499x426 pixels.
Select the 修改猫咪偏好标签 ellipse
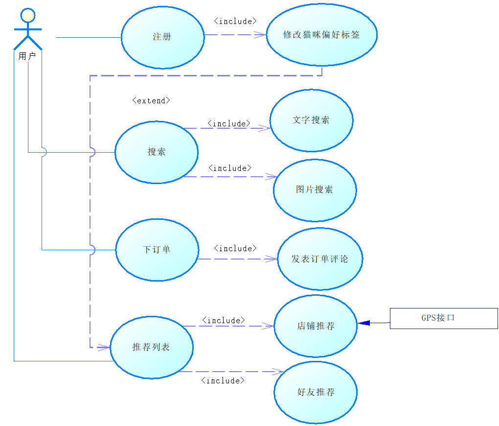click(x=321, y=35)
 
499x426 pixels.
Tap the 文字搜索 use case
click(x=311, y=120)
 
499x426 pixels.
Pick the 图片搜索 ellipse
click(x=315, y=190)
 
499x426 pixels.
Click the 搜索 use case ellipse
click(x=157, y=152)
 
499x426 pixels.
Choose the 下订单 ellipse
click(x=157, y=250)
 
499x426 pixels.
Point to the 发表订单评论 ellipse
click(x=320, y=259)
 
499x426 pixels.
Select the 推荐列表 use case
click(x=152, y=347)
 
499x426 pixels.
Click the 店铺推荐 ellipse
click(x=316, y=326)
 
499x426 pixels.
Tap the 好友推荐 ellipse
click(x=316, y=392)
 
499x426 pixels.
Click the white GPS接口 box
click(x=444, y=318)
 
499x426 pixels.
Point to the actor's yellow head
click(x=28, y=15)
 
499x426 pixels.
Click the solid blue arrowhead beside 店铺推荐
click(x=364, y=323)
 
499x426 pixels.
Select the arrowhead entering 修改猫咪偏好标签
click(x=260, y=35)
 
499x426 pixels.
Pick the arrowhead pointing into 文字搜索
click(x=265, y=128)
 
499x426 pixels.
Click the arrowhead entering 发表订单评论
click(x=272, y=259)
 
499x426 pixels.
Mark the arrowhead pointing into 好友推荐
click(x=277, y=372)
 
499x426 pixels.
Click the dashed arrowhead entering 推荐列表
click(x=104, y=347)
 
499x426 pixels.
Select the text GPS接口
click(x=438, y=318)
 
